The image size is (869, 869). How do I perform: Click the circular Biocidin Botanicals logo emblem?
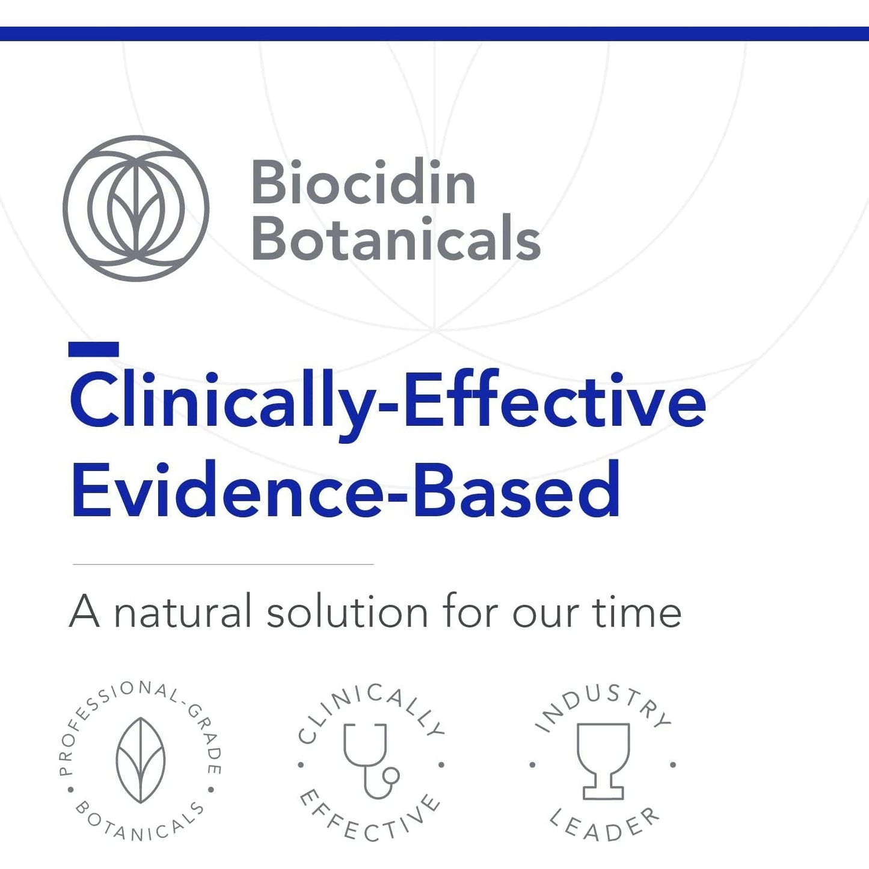[x=136, y=208]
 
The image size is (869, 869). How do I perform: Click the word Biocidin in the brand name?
[x=363, y=183]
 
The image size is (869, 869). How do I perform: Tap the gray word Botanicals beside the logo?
[x=396, y=239]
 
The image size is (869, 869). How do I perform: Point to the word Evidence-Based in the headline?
[x=346, y=491]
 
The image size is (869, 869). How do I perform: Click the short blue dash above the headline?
[x=93, y=349]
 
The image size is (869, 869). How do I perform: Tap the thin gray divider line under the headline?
[x=223, y=564]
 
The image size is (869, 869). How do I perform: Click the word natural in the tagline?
[x=183, y=613]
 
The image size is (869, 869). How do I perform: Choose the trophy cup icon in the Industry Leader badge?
[x=603, y=761]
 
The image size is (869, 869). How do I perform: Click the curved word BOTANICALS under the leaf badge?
[x=139, y=824]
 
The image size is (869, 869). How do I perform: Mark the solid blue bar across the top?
[x=434, y=34]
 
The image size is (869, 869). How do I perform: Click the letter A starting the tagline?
[x=84, y=613]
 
